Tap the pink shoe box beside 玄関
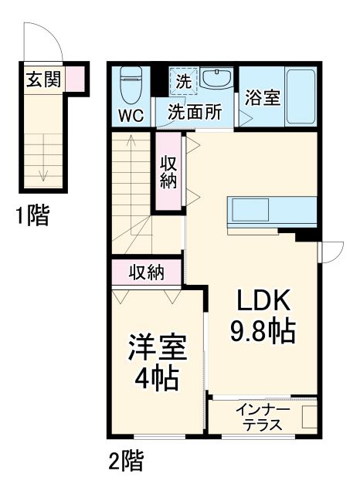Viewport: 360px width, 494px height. [x=74, y=79]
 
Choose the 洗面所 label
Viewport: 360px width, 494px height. [x=195, y=111]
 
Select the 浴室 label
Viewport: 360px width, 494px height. [x=262, y=99]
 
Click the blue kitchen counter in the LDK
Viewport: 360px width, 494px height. [x=271, y=210]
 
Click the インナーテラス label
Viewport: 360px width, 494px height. [x=263, y=416]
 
